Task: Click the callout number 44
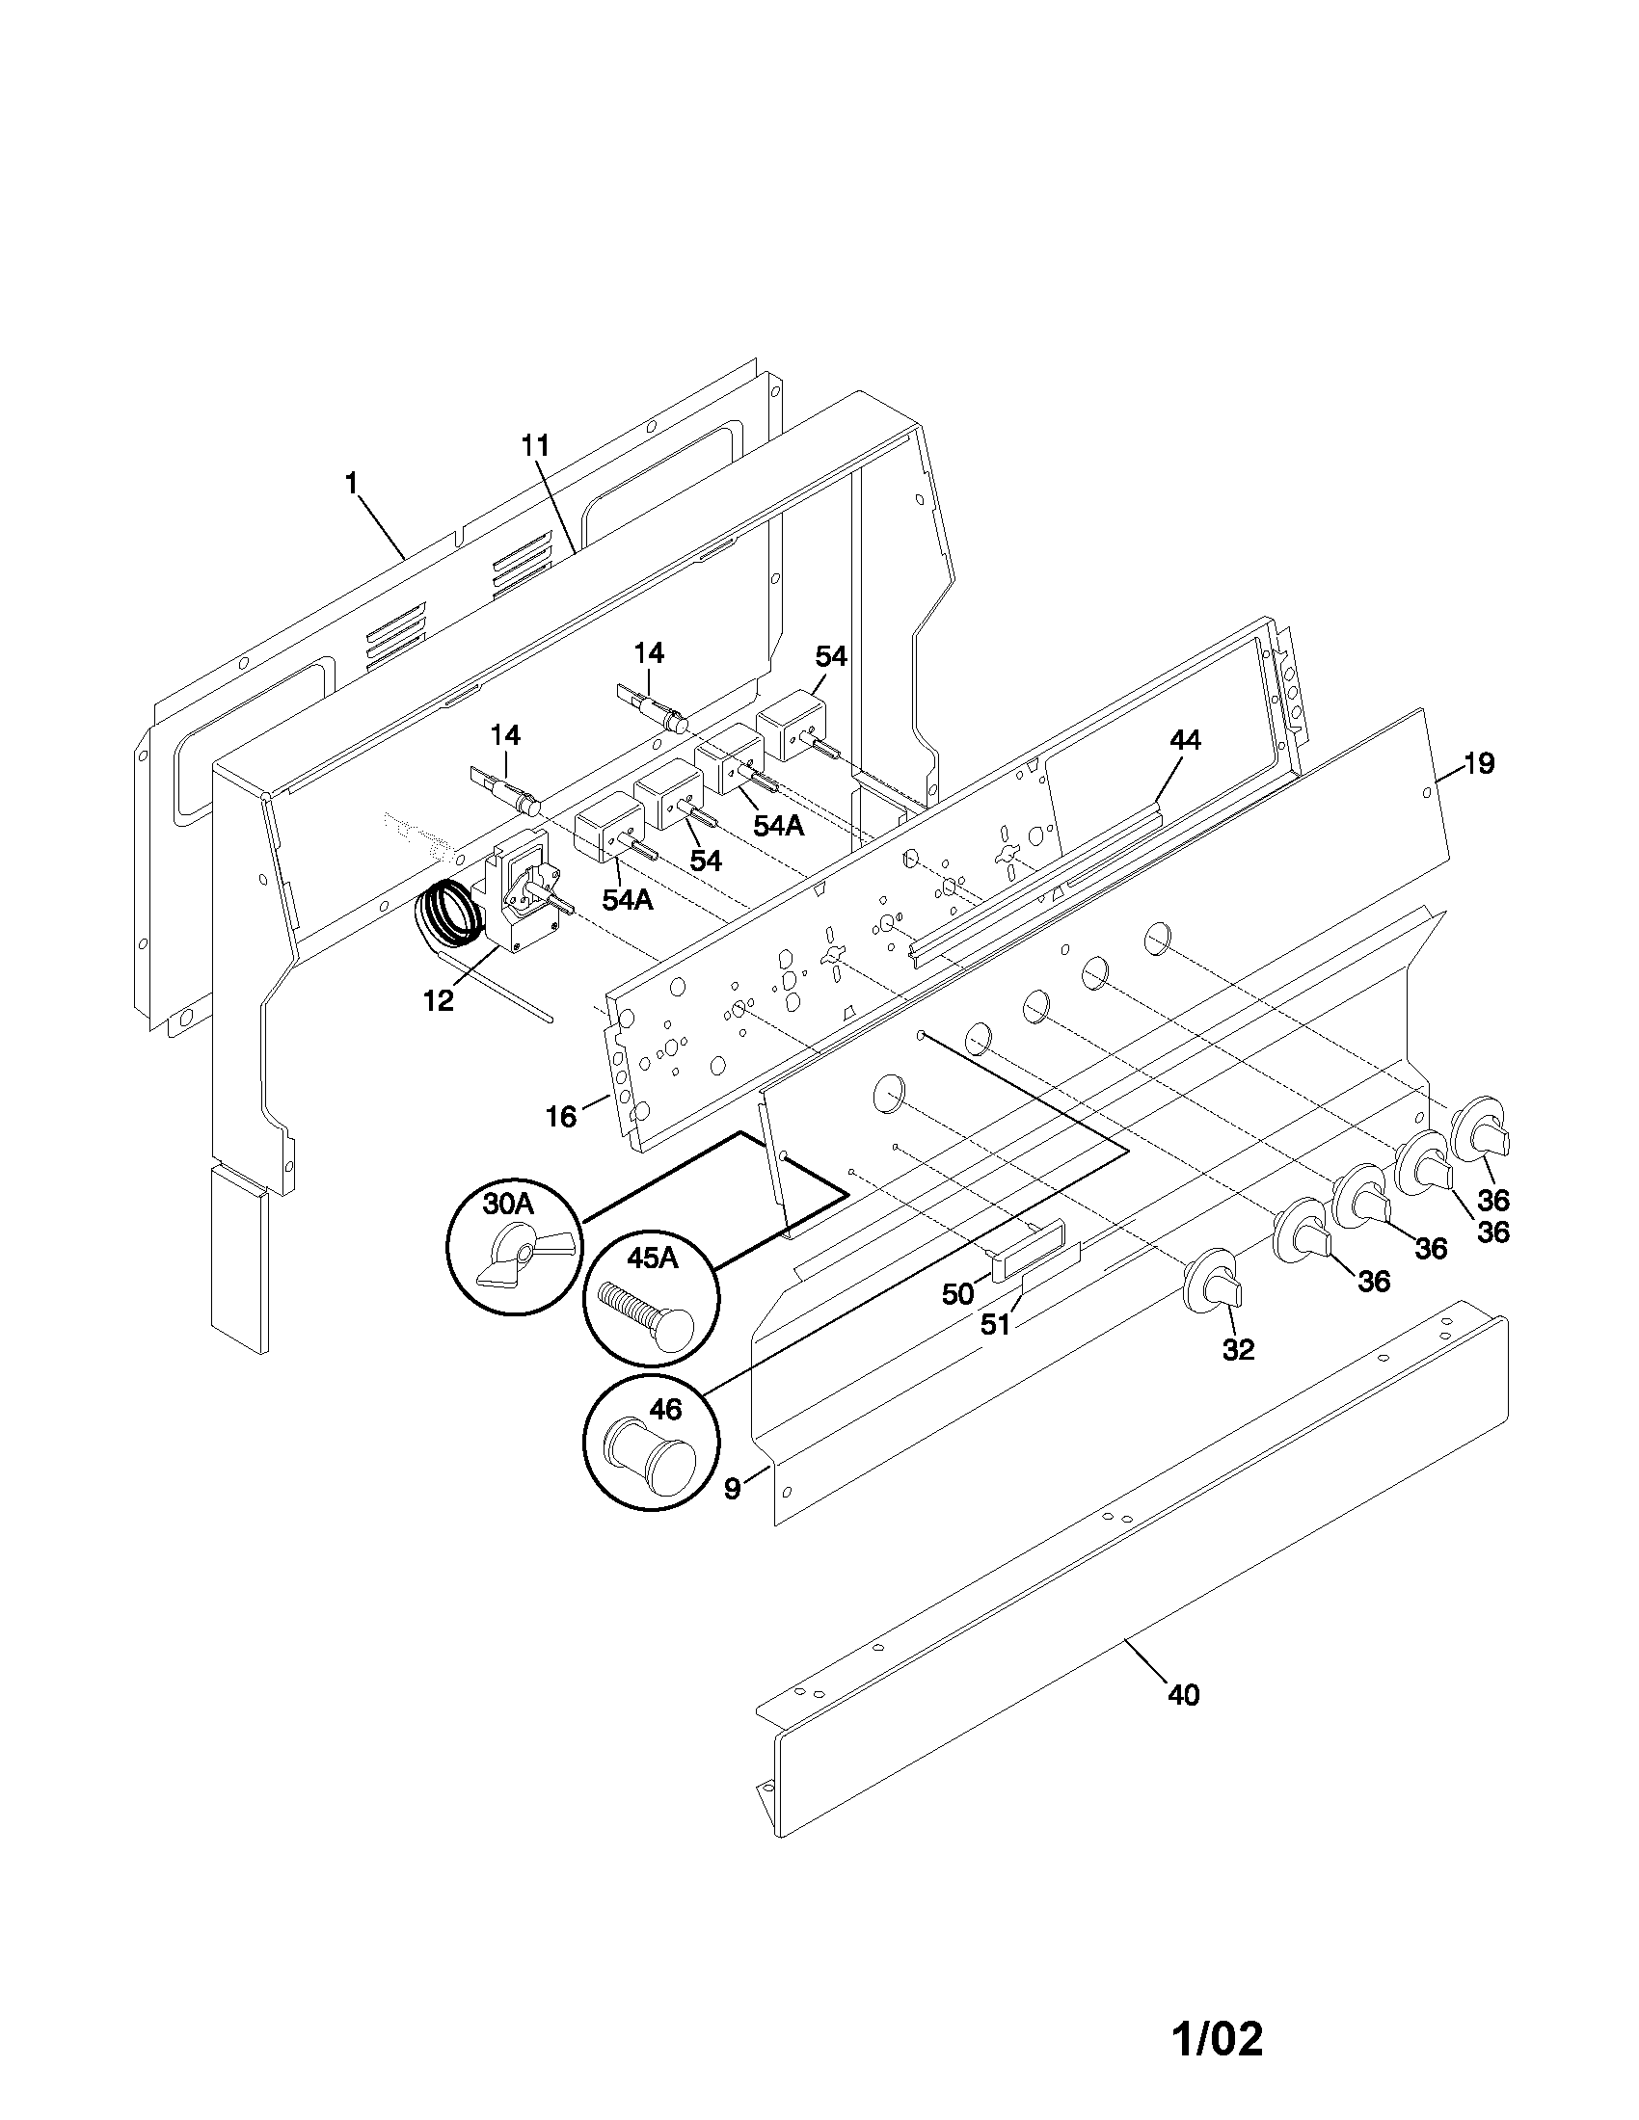coord(1185,741)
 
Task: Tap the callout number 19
coord(1479,764)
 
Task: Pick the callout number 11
coord(535,445)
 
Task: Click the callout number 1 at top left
coord(352,483)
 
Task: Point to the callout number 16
coord(561,1116)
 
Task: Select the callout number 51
coord(995,1324)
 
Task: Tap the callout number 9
coord(732,1488)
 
